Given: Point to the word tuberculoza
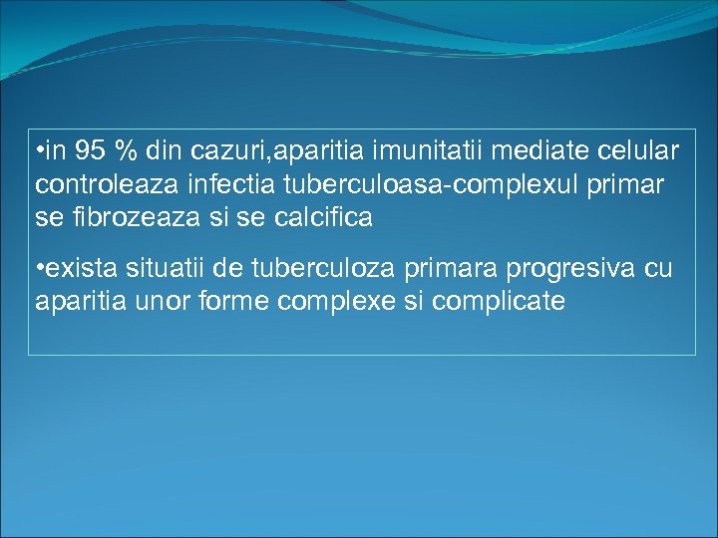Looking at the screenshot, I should tap(311, 268).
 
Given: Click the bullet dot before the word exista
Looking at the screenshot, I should tap(38, 269).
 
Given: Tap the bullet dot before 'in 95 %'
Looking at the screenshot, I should tap(38, 152).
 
